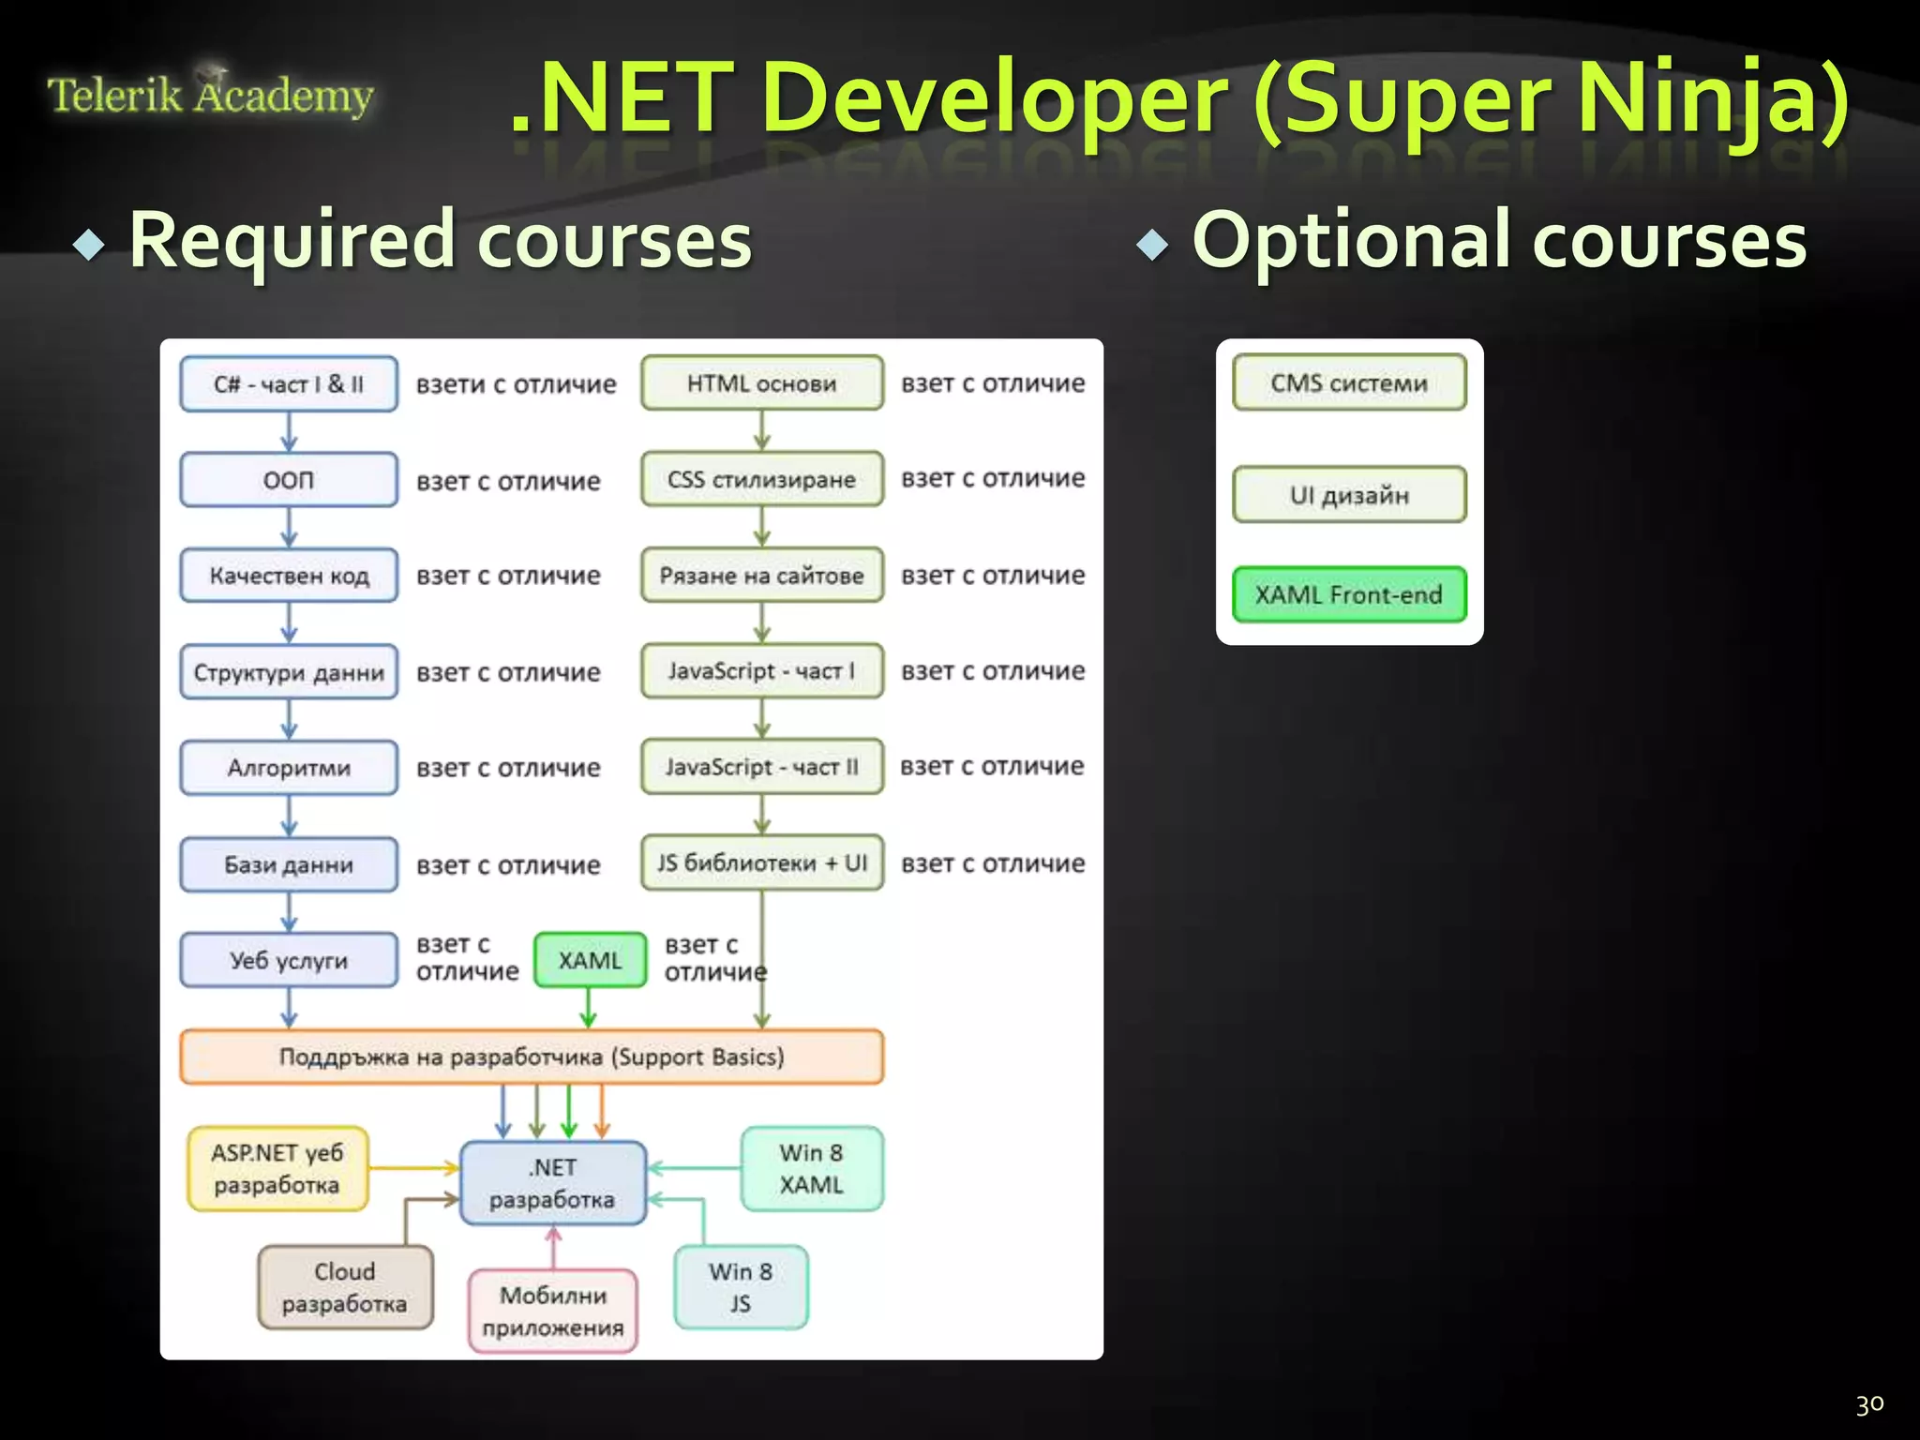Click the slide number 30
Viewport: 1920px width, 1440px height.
click(x=1869, y=1404)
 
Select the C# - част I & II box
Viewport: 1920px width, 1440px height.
click(x=289, y=383)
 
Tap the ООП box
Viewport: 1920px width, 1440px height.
click(x=289, y=480)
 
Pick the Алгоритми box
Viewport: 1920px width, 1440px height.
click(x=289, y=768)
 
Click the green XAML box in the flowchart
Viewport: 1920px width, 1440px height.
click(x=590, y=960)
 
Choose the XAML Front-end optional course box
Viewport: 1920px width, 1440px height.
click(x=1348, y=594)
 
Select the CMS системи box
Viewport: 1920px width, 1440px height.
click(x=1348, y=382)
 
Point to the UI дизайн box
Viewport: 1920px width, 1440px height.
click(x=1348, y=495)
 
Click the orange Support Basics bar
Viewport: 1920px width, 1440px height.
click(x=531, y=1057)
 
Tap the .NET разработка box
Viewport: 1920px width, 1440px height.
click(x=552, y=1183)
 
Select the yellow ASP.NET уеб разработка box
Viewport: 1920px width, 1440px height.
click(x=277, y=1168)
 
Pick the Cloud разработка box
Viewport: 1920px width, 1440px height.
click(x=344, y=1287)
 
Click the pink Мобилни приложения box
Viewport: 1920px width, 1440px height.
click(x=552, y=1311)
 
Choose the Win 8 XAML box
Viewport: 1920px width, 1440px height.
click(x=811, y=1168)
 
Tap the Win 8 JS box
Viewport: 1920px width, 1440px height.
click(x=740, y=1287)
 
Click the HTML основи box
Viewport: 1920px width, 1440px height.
click(x=761, y=382)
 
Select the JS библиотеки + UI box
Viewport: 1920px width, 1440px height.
click(x=761, y=862)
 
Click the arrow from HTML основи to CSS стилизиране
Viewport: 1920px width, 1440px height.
click(x=761, y=431)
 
